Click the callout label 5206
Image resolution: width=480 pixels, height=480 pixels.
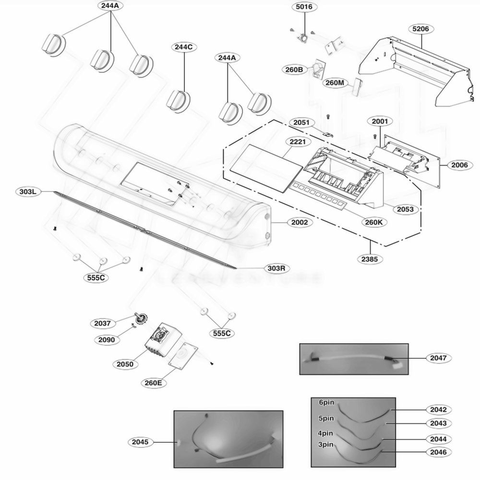tap(420, 29)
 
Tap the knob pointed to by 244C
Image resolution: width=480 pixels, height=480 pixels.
tap(179, 100)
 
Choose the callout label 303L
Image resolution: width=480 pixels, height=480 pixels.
tap(28, 192)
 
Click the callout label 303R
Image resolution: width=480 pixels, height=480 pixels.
tap(276, 268)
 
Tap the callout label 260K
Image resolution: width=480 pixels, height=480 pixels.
tap(373, 222)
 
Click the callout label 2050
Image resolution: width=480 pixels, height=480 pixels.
tap(125, 364)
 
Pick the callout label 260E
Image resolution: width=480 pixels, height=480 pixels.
tap(153, 383)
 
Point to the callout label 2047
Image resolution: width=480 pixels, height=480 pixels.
tap(438, 358)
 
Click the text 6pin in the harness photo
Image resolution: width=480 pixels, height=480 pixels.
tap(326, 402)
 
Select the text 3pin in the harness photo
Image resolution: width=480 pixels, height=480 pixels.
tap(326, 444)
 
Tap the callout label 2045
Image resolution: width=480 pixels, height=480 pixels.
tap(140, 442)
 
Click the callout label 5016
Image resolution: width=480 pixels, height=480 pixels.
tap(303, 7)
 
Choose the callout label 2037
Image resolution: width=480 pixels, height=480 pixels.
tap(103, 324)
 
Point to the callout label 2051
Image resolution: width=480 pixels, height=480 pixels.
tap(301, 123)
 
